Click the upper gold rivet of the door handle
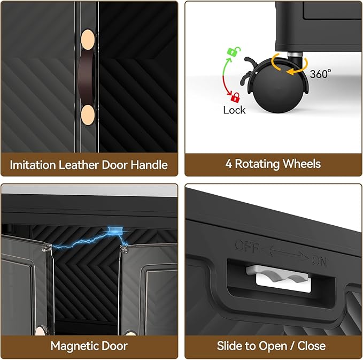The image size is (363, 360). [88, 39]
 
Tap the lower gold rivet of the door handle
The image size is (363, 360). [88, 115]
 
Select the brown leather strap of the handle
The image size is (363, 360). [86, 77]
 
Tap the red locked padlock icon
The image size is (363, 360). [235, 97]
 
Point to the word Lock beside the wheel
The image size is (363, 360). [234, 110]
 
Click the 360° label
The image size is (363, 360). [320, 74]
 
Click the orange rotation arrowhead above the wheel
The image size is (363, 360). [290, 72]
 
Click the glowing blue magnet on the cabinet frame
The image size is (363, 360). [115, 230]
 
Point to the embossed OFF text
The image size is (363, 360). [246, 246]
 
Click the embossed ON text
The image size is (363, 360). [320, 261]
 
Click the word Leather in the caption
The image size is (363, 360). [79, 165]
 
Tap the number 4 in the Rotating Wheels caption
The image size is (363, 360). [228, 164]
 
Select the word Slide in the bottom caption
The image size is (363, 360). [230, 346]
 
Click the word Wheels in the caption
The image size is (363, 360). [302, 164]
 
